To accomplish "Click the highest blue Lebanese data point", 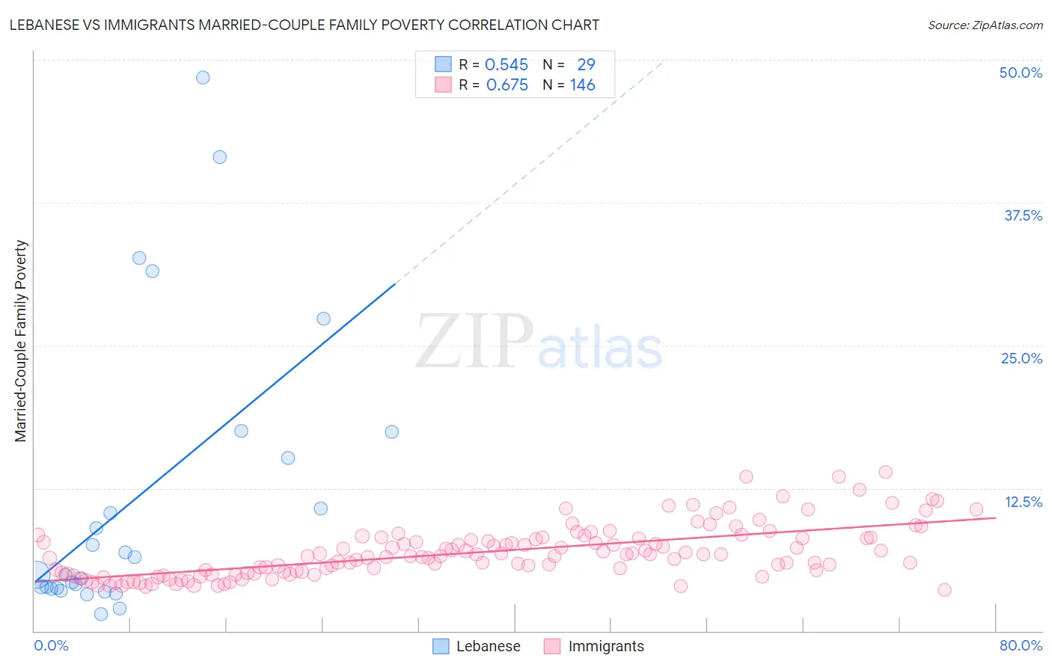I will pyautogui.click(x=203, y=78).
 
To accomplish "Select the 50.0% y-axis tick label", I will pyautogui.click(x=1021, y=73).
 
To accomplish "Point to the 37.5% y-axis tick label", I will pyautogui.click(x=1023, y=215).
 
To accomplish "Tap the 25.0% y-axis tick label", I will pyautogui.click(x=1021, y=358).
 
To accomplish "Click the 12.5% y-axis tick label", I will pyautogui.click(x=1023, y=502).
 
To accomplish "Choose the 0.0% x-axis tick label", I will pyautogui.click(x=51, y=645).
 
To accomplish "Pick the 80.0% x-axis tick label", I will pyautogui.click(x=1021, y=645).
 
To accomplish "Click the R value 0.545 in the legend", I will pyautogui.click(x=507, y=65).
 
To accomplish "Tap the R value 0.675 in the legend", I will pyautogui.click(x=507, y=85).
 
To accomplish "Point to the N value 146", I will pyautogui.click(x=582, y=85).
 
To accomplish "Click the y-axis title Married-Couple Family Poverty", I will pyautogui.click(x=21, y=341).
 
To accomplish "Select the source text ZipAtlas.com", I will pyautogui.click(x=985, y=25).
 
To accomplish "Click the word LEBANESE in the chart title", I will pyautogui.click(x=44, y=25).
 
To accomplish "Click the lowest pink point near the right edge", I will pyautogui.click(x=944, y=590).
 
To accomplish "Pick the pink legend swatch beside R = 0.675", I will pyautogui.click(x=443, y=85).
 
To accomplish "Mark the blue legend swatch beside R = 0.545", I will pyautogui.click(x=443, y=65).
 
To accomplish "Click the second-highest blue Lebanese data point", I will pyautogui.click(x=220, y=157).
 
